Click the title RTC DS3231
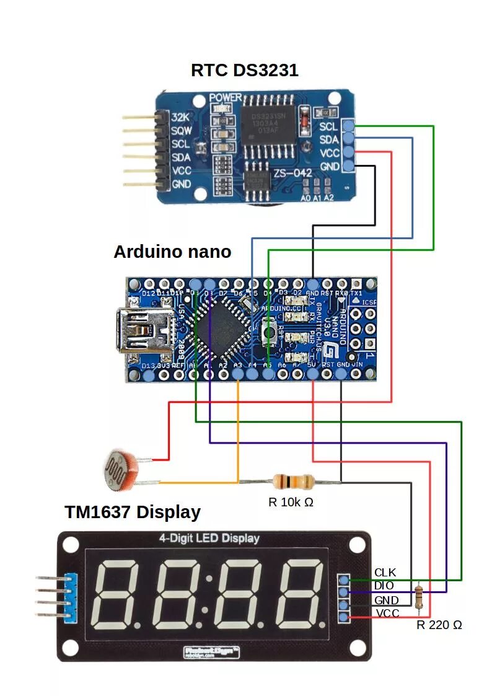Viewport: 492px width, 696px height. (x=244, y=69)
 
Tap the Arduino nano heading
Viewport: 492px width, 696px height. (x=172, y=252)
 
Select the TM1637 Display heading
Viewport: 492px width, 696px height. (x=133, y=512)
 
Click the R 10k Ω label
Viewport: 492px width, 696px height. (x=291, y=502)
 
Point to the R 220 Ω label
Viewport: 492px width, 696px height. (x=439, y=625)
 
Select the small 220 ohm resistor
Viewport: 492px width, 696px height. (x=420, y=596)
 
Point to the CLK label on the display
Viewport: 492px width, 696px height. (x=385, y=572)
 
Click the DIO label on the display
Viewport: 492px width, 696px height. (x=384, y=586)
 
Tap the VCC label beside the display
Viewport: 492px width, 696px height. (x=387, y=614)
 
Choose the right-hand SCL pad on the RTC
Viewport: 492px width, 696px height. (x=348, y=126)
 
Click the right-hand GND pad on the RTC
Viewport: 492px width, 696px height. (x=348, y=166)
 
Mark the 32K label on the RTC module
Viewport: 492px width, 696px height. (x=180, y=117)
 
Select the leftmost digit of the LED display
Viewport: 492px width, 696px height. (x=122, y=592)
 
